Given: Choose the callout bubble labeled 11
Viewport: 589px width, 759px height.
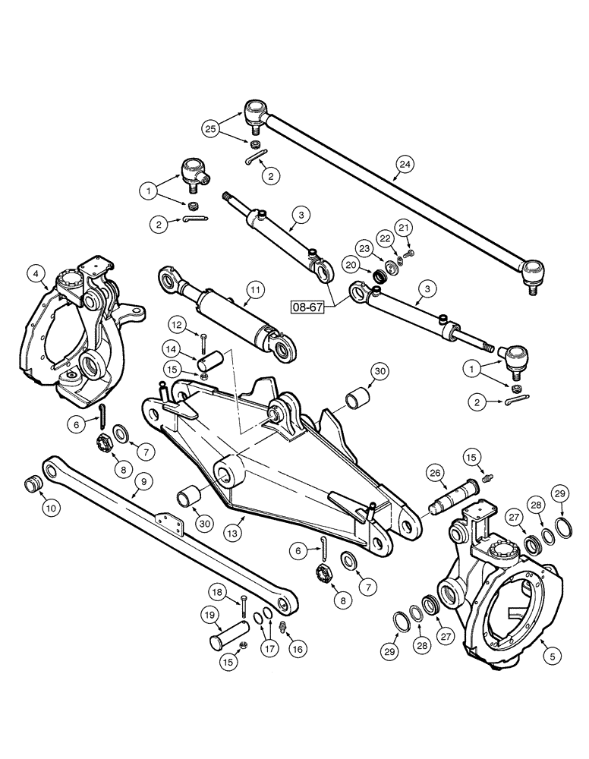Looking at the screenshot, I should (255, 290).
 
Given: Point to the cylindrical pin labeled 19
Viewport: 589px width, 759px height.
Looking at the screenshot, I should (228, 633).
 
